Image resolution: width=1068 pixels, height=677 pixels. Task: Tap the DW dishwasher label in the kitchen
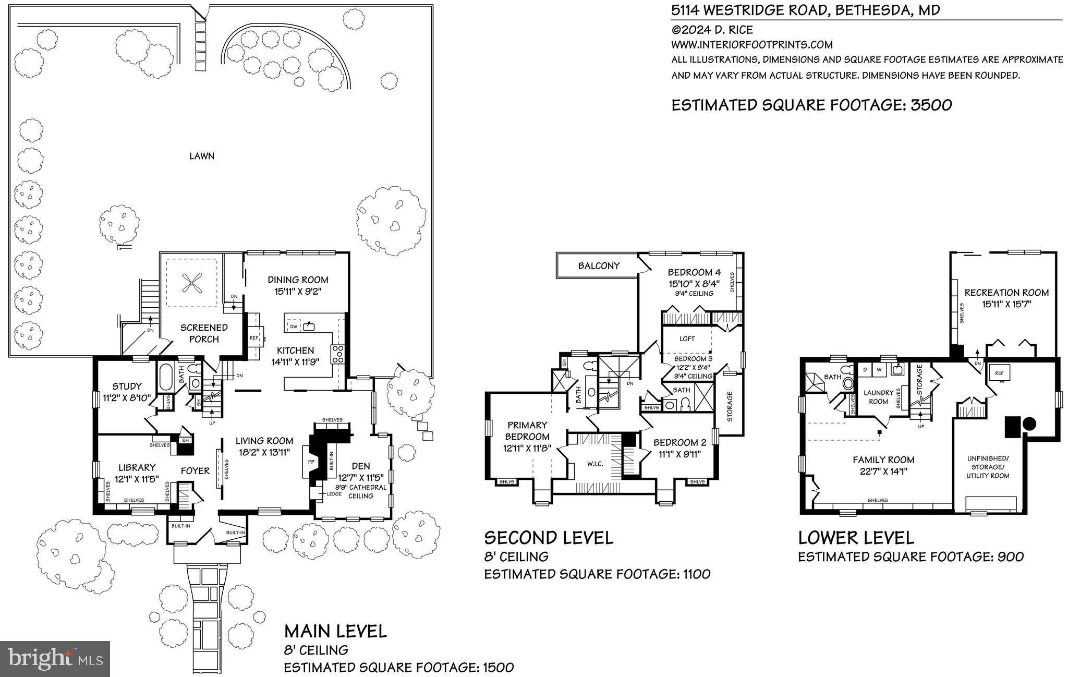294,327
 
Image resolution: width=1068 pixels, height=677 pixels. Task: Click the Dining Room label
298,280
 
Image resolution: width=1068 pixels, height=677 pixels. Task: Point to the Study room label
127,386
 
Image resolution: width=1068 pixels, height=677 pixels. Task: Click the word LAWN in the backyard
202,156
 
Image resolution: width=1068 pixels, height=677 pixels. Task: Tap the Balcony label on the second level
599,265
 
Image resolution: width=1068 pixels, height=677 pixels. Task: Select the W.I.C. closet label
595,464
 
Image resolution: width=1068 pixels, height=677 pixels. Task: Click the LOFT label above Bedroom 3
687,338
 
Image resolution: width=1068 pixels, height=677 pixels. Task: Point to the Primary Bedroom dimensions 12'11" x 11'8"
527,448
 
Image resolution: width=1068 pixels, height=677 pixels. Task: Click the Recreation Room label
1006,293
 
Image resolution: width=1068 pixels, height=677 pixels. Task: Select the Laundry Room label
878,397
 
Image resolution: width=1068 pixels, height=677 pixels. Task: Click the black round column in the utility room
1029,424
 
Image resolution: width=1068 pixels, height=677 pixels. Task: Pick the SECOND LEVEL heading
549,538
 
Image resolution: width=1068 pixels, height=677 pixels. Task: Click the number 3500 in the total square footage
931,105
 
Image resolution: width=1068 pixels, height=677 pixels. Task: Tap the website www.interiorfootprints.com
752,45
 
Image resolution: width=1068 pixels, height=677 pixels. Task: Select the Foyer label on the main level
195,471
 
